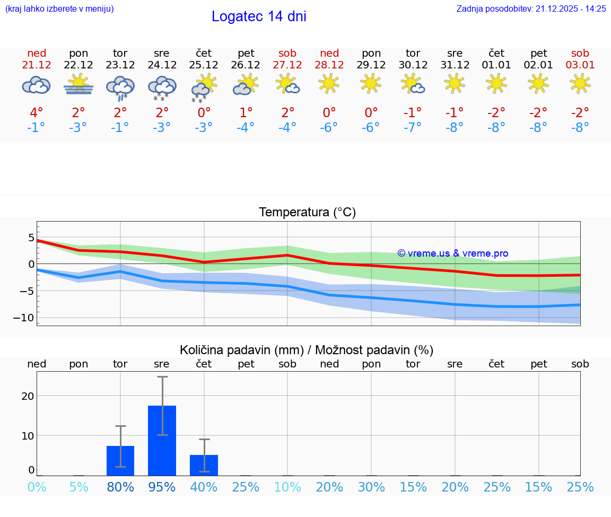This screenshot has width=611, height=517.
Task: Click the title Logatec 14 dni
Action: click(259, 16)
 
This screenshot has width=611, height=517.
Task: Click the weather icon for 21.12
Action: click(36, 85)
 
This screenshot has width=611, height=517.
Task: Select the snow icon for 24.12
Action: click(162, 87)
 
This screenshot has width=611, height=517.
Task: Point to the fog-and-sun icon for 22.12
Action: click(78, 85)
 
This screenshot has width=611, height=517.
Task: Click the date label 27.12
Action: click(287, 65)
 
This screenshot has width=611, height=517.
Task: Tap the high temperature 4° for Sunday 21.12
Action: click(37, 112)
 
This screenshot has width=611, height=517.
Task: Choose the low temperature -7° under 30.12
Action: click(413, 127)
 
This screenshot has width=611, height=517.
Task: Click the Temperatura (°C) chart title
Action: click(307, 213)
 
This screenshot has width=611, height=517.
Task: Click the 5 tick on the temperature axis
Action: click(31, 237)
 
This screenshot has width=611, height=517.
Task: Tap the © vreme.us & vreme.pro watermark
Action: click(453, 253)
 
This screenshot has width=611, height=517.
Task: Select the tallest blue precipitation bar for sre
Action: click(162, 440)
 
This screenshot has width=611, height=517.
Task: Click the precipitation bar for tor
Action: click(120, 460)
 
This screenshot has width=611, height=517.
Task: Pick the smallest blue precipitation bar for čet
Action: click(204, 465)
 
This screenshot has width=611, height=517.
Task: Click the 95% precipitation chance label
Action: click(162, 487)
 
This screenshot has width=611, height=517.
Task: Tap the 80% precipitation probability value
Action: click(120, 487)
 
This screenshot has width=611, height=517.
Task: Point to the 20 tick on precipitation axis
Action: click(28, 396)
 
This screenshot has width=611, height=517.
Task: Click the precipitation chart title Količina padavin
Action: click(307, 350)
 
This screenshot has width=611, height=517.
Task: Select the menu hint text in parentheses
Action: click(59, 8)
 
